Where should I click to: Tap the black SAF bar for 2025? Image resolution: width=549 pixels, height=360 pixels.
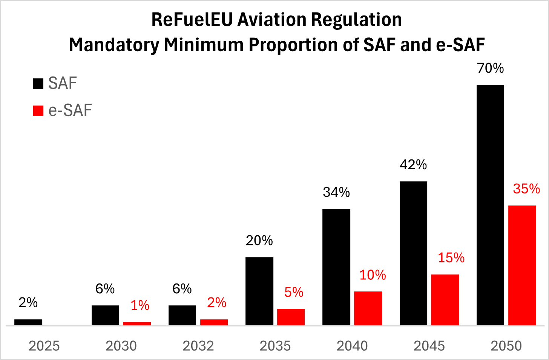[28, 322]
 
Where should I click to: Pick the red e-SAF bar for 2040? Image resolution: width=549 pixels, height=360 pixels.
[368, 308]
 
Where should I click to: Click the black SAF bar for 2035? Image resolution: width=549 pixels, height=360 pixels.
[259, 291]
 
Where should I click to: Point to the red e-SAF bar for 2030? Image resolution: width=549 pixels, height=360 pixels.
[137, 323]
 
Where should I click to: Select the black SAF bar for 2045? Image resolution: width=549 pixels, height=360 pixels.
[413, 253]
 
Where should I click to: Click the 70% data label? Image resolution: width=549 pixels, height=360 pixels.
[490, 68]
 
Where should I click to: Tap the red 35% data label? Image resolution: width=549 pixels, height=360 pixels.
[526, 189]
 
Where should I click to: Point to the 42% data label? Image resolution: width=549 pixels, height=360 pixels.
[413, 165]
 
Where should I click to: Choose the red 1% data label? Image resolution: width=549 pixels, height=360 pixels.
[140, 305]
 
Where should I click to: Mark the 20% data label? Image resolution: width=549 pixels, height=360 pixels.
[259, 241]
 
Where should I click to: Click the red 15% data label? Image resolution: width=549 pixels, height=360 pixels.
[451, 258]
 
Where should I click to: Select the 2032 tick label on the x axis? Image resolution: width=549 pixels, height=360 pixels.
[198, 346]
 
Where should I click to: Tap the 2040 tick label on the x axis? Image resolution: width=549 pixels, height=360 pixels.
[352, 346]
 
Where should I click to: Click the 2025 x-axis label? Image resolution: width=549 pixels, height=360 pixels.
[44, 346]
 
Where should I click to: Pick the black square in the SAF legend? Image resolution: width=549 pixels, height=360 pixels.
[38, 83]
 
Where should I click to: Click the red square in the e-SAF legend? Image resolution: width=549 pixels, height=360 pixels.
[38, 111]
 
